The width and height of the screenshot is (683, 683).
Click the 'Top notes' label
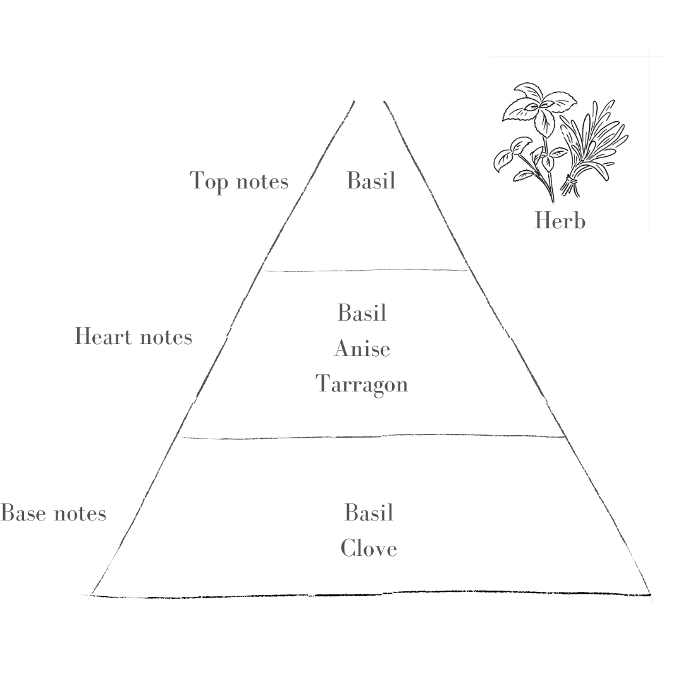(x=238, y=181)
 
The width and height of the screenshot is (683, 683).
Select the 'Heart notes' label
(x=133, y=336)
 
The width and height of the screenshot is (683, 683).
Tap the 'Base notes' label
(x=53, y=513)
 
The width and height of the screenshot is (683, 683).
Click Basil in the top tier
(x=371, y=180)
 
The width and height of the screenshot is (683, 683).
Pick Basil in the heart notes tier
(x=362, y=312)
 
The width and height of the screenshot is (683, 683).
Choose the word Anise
(x=362, y=348)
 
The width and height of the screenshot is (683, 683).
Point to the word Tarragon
(x=362, y=385)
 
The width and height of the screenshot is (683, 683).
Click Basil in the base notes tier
(x=369, y=512)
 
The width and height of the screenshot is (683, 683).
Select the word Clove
(x=369, y=548)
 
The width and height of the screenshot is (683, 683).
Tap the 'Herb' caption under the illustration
(x=560, y=221)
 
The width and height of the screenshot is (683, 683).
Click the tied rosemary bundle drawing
(x=593, y=148)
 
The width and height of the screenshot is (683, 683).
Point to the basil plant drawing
(x=534, y=139)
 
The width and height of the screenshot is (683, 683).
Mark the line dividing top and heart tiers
(x=365, y=271)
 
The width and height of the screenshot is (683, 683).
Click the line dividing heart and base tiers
(x=372, y=436)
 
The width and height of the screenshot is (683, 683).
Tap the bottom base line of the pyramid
(x=370, y=594)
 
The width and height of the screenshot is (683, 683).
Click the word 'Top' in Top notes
(x=209, y=181)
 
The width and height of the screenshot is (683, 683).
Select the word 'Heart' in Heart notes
(x=103, y=336)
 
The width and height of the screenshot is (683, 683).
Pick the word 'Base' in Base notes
(x=23, y=513)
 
